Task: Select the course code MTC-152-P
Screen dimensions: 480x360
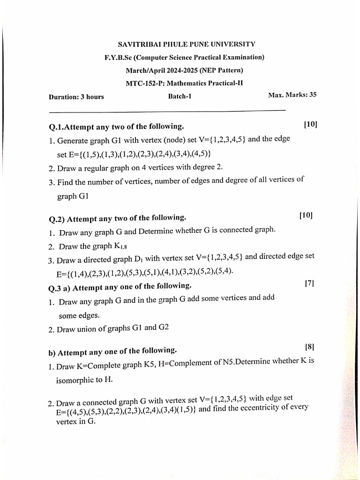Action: click(142, 84)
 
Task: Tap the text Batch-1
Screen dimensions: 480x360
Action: click(180, 97)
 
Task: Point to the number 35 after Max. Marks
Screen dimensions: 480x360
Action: click(312, 94)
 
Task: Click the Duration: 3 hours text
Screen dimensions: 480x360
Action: click(76, 97)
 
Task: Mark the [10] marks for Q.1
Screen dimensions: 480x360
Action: click(310, 124)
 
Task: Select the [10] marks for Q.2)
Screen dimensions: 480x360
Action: click(306, 215)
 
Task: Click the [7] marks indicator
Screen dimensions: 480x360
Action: click(309, 283)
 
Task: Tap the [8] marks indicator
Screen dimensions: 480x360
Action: click(309, 347)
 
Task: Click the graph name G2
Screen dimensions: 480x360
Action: click(163, 328)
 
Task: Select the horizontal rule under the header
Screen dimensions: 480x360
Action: click(167, 111)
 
